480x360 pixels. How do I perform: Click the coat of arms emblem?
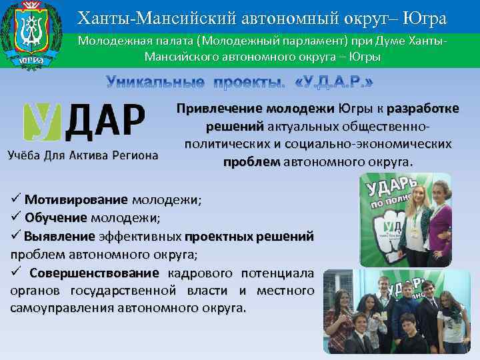click(x=32, y=35)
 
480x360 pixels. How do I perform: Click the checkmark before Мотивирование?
click(x=16, y=199)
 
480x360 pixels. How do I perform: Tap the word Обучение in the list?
click(x=55, y=217)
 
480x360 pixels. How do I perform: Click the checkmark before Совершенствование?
click(x=16, y=273)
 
